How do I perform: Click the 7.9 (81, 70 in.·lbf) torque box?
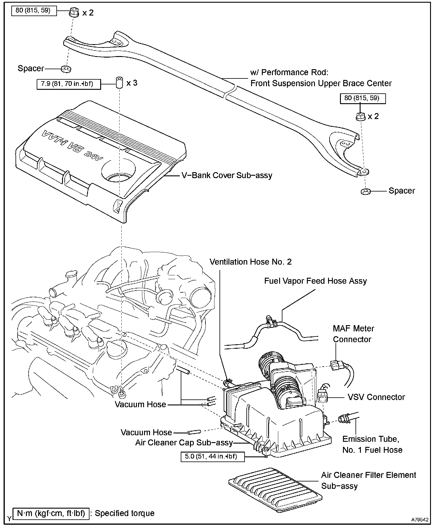tap(69, 84)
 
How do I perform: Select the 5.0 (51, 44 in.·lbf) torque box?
tap(212, 456)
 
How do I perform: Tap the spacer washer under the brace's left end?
tap(66, 69)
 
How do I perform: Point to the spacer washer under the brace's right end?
tap(365, 191)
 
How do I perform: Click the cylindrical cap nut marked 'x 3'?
tap(119, 83)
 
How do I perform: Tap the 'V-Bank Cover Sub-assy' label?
tap(227, 175)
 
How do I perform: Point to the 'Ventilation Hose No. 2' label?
tap(251, 262)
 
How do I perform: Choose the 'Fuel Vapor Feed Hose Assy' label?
tap(315, 281)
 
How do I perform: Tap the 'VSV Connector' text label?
tap(376, 397)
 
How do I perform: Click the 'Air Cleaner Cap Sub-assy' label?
tap(184, 443)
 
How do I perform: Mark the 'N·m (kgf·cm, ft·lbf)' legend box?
tap(51, 513)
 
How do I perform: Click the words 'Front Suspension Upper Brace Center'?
tap(321, 83)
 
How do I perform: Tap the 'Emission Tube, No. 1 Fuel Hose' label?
tap(372, 444)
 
